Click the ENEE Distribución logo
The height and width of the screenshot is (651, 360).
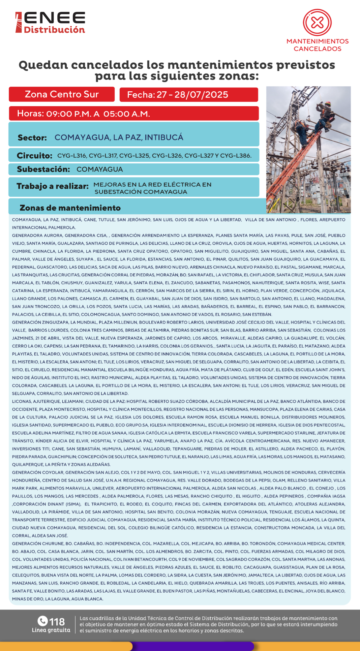click(x=50, y=22)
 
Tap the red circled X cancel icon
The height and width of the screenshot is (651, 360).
click(x=317, y=22)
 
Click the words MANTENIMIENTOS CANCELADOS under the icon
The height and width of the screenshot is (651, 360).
click(x=317, y=45)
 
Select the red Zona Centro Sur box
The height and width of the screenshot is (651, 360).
click(x=62, y=94)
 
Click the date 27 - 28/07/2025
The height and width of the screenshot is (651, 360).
click(x=192, y=95)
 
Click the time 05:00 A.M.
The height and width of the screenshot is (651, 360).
click(x=127, y=114)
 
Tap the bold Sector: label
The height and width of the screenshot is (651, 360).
click(x=32, y=138)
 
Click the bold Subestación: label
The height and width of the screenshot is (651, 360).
click(x=43, y=169)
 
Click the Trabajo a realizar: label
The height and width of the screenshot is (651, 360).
click(x=53, y=186)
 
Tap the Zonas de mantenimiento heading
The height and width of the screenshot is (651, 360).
click(x=70, y=208)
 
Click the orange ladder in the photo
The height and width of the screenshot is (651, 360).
click(x=290, y=171)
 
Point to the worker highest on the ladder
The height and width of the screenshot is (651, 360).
click(x=325, y=114)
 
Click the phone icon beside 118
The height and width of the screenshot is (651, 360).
click(x=43, y=621)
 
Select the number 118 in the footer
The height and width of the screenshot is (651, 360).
click(x=57, y=622)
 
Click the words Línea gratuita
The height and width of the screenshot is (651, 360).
click(x=51, y=630)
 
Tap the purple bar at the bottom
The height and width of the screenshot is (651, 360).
click(x=193, y=646)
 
